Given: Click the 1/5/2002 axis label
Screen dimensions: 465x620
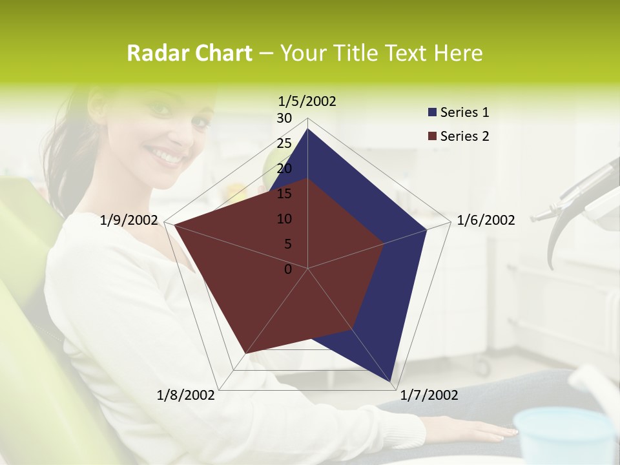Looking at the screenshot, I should tap(307, 101).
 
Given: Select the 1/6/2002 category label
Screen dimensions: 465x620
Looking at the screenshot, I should tap(486, 220).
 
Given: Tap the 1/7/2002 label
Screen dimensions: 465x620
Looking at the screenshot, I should tap(429, 395).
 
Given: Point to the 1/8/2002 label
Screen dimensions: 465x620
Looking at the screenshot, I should tap(186, 395).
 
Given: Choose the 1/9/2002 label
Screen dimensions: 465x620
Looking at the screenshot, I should tap(129, 220).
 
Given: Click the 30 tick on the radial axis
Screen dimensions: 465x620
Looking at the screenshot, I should tap(284, 118).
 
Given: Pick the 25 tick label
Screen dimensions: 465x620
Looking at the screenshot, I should tap(284, 143).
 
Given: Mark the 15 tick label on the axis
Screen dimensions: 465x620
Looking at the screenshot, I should tap(284, 194).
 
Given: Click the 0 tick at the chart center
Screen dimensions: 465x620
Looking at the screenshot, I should tap(288, 269).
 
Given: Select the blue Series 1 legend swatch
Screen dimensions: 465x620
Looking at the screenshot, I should tap(432, 113).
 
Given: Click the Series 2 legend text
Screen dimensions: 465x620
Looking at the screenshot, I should tap(464, 136).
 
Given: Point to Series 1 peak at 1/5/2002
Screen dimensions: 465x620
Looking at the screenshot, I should tap(307, 129).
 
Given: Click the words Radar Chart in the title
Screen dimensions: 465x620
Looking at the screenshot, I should tap(189, 54).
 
